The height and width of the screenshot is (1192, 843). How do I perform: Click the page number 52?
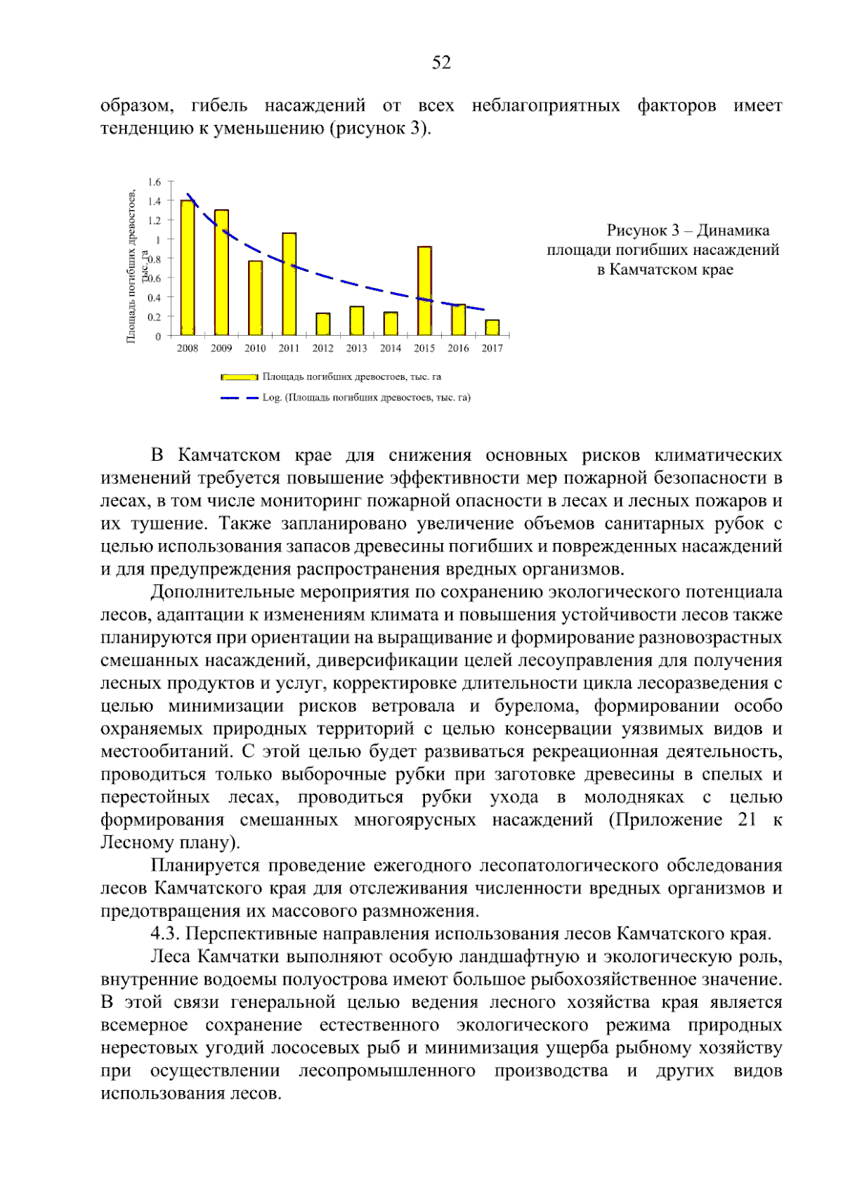click(x=441, y=63)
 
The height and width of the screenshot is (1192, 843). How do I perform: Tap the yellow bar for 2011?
click(x=289, y=284)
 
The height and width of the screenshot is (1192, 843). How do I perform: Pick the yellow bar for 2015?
click(x=424, y=291)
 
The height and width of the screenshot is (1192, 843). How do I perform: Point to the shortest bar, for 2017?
click(x=492, y=327)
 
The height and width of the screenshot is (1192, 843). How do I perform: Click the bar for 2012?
click(x=323, y=324)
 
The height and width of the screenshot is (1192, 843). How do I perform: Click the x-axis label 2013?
click(x=357, y=348)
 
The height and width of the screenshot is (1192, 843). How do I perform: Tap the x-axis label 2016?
click(x=458, y=348)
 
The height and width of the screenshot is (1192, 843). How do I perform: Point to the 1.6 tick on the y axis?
click(x=155, y=182)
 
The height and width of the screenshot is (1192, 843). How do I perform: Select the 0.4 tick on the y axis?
click(x=155, y=298)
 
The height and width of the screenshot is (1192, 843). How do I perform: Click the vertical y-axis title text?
click(x=131, y=267)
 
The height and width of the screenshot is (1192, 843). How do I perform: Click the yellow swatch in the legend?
click(x=239, y=377)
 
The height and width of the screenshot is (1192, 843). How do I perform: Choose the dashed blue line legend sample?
click(x=239, y=398)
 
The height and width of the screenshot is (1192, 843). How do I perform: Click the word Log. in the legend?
click(x=272, y=398)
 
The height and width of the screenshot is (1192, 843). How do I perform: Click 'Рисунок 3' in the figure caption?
click(x=642, y=230)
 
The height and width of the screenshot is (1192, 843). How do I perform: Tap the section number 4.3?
click(x=166, y=934)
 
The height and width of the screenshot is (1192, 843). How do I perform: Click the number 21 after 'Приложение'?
click(x=747, y=820)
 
